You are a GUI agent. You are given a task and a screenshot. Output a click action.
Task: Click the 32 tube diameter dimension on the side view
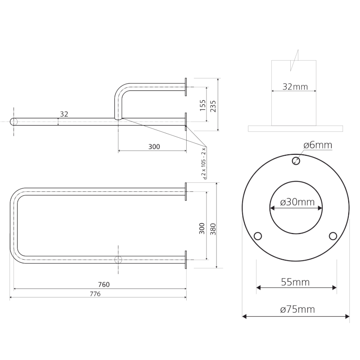pos(64,114)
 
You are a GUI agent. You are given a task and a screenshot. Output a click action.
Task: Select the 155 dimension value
pos(202,106)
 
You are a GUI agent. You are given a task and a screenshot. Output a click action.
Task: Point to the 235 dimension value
pos(213,106)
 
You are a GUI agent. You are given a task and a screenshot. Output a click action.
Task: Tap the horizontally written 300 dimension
pos(154,147)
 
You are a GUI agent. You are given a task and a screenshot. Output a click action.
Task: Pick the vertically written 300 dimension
pos(202,228)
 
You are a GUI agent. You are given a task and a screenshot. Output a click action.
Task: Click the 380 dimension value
pos(213,228)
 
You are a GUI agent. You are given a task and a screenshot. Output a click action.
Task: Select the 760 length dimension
pos(103,284)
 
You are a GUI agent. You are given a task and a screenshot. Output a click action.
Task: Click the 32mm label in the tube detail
pos(295,86)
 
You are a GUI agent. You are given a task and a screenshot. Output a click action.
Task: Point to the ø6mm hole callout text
pos(317,145)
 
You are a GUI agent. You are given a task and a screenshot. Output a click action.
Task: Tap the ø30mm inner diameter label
pos(297,202)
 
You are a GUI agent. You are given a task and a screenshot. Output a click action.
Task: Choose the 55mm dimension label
pos(295,282)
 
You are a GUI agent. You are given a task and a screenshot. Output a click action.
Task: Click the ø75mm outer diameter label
pos(297,309)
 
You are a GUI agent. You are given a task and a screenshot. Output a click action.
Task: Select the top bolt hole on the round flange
pos(296,161)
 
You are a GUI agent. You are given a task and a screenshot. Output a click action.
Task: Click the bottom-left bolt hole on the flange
pos(258,236)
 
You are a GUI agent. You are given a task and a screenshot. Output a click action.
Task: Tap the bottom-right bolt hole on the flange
pos(333,236)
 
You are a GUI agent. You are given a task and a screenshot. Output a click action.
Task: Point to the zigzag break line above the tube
pos(294,60)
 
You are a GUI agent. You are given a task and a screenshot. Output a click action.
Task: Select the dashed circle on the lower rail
pos(118,260)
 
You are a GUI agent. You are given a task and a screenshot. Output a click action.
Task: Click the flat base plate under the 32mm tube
pos(295,128)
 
